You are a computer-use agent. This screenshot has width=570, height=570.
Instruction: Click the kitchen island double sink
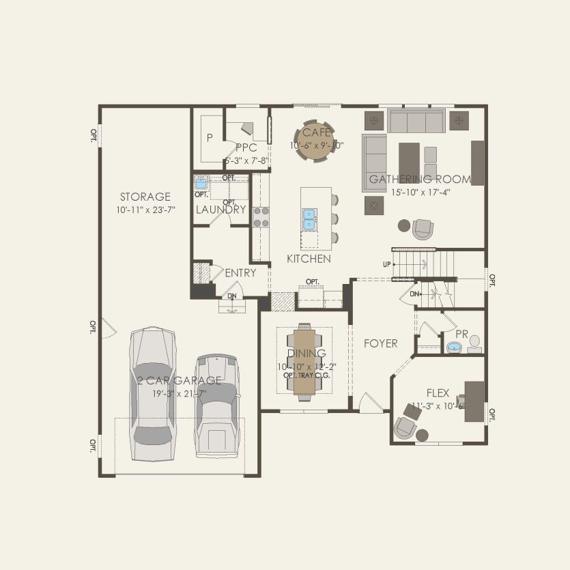[x=309, y=219]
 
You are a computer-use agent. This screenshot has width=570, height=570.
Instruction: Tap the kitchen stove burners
[x=261, y=217]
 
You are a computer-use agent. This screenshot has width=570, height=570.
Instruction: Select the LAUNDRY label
[x=220, y=210]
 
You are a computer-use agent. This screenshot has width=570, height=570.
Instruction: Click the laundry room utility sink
[x=201, y=183]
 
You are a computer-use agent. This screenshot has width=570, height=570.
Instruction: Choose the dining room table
[x=304, y=361]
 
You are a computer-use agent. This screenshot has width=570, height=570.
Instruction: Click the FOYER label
[x=380, y=343]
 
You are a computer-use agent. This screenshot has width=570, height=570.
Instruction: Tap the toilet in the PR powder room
[x=475, y=341]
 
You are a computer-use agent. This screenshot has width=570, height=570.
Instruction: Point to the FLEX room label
[x=438, y=393]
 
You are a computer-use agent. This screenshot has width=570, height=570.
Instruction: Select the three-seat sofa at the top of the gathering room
[x=416, y=121]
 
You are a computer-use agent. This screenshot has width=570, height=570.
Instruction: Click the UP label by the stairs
[x=386, y=263]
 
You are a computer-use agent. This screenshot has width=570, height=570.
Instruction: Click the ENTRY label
[x=240, y=273]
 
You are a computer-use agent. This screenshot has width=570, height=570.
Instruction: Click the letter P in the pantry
[x=210, y=137]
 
